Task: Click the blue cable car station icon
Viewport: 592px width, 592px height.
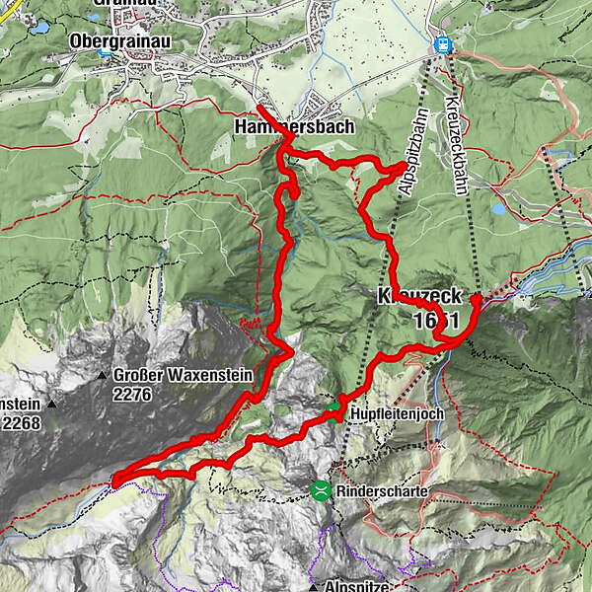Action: coord(443,44)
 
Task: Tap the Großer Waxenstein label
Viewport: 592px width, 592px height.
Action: coord(184,375)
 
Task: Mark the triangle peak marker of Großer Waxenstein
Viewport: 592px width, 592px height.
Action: coord(103,376)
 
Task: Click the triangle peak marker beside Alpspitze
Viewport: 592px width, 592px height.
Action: coord(313,586)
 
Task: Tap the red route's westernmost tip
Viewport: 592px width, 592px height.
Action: coord(113,481)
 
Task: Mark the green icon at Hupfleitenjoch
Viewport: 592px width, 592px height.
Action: coord(333,407)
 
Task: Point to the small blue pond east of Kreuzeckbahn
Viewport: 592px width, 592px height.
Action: coord(497,209)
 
